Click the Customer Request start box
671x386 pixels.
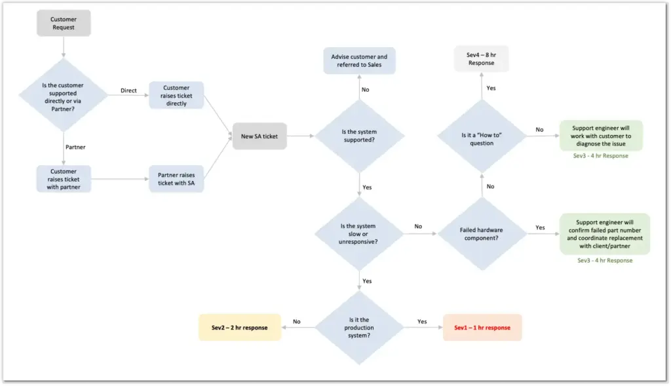coord(64,23)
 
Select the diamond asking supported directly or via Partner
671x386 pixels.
coord(64,95)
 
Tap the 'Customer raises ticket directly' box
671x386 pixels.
coord(176,95)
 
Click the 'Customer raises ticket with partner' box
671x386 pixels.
coord(63,179)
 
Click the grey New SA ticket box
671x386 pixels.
coord(259,136)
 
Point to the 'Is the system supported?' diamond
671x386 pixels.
coord(359,136)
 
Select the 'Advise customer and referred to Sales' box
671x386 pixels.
coord(359,61)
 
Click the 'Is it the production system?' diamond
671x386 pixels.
coord(359,327)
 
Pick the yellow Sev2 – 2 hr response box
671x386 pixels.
coord(240,327)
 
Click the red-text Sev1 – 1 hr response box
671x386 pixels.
coord(482,327)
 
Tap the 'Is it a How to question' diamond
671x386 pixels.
coord(482,138)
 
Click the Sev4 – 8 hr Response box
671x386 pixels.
coord(482,59)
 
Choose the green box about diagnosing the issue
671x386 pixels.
coord(600,135)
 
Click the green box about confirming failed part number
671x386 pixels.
coord(604,234)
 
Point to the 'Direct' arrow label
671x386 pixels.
coord(128,90)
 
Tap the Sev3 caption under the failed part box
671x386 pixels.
coord(604,260)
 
